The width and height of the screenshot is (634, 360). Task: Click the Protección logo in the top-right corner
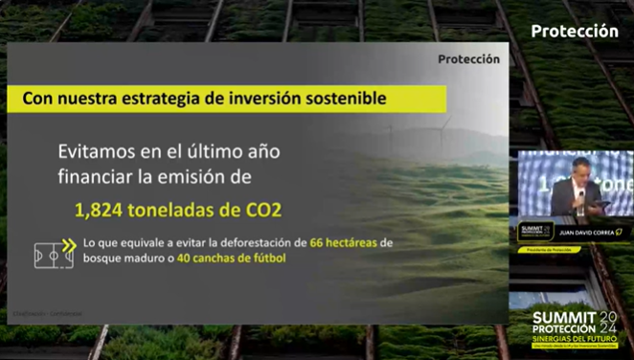point(574,31)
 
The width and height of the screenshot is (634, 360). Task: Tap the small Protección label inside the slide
point(468,59)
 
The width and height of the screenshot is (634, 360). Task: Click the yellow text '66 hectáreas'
point(344,242)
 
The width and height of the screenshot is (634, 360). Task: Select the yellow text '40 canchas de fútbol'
point(233,259)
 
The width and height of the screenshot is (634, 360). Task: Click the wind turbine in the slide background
point(443,135)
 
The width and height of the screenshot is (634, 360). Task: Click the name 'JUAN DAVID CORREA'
point(583,232)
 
